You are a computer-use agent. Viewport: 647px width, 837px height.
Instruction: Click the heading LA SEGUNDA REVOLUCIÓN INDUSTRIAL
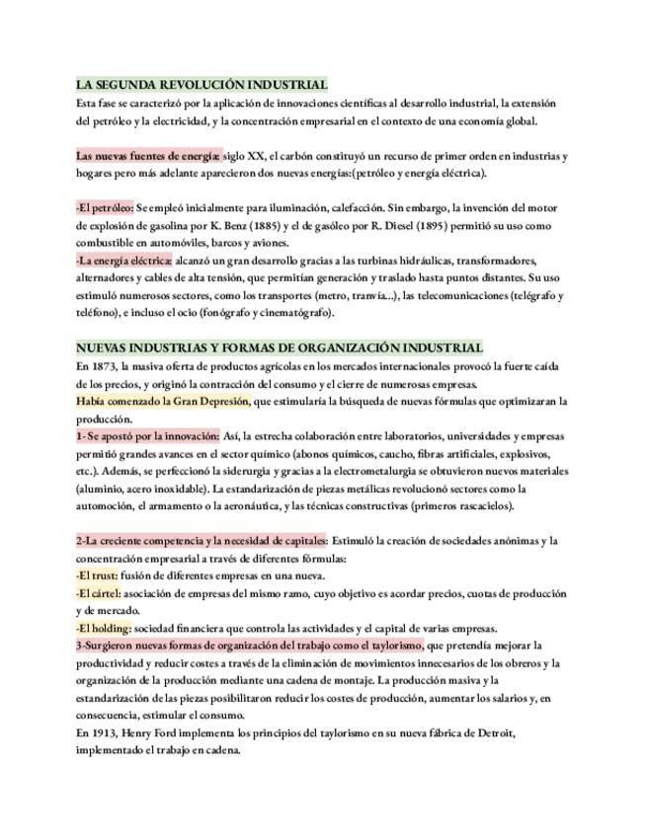click(202, 85)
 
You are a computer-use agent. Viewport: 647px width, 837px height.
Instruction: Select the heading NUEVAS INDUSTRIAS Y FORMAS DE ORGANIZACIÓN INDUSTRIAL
click(280, 348)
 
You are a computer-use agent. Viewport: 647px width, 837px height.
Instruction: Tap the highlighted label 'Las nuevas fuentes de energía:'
click(148, 156)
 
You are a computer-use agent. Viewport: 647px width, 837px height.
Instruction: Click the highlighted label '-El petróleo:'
click(104, 208)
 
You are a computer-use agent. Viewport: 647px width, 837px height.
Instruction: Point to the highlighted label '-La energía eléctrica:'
click(123, 261)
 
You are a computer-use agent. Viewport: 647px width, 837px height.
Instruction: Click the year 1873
click(104, 366)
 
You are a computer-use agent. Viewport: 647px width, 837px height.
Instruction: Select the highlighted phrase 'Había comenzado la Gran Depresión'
click(163, 402)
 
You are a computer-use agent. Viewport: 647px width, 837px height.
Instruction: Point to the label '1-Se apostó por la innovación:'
click(147, 436)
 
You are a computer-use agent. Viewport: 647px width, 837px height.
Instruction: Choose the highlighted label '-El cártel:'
click(100, 593)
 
